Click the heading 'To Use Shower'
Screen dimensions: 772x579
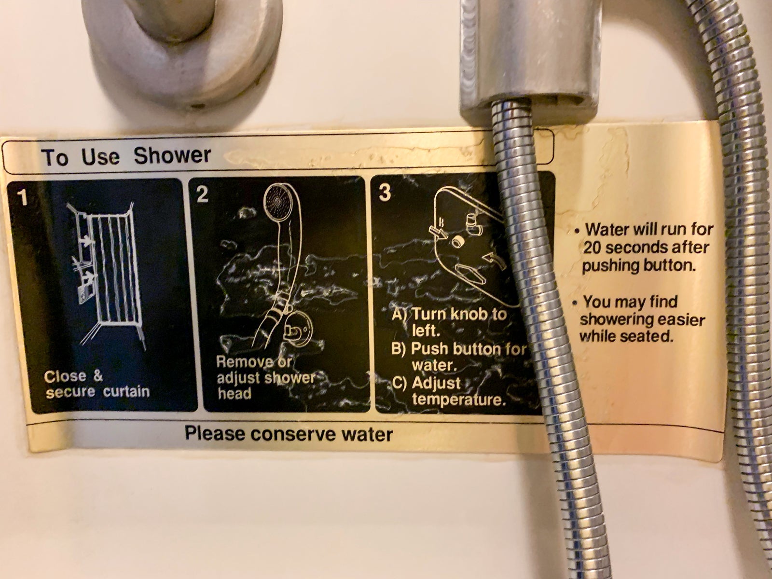[126, 156]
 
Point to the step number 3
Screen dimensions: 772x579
[385, 193]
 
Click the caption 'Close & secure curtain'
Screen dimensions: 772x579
[97, 384]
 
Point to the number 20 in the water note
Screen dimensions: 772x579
[592, 248]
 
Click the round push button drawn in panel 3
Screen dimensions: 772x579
[457, 242]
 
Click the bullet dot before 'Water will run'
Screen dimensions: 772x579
[576, 232]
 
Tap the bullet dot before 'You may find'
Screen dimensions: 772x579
[575, 303]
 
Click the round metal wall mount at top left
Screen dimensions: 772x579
[183, 49]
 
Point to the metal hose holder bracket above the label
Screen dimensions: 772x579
[530, 60]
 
